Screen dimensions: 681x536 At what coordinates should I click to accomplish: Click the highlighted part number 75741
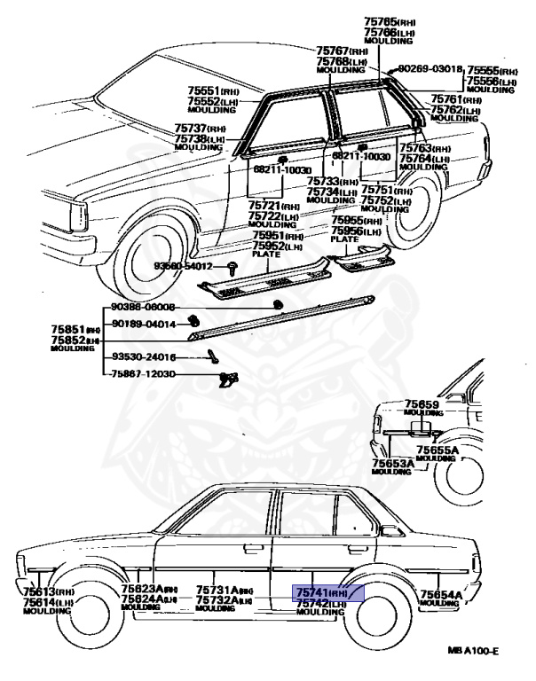pos(312,592)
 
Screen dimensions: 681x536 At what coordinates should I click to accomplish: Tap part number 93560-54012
pos(184,266)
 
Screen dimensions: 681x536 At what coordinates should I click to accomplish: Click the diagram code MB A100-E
pos(473,652)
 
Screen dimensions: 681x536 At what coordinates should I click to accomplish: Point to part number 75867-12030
pos(144,374)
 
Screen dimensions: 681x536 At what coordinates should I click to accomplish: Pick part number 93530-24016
pos(144,357)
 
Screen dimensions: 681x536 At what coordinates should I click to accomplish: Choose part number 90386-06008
pos(144,307)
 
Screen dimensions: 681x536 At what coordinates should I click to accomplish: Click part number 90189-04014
pos(144,324)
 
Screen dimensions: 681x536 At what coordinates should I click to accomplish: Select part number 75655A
pos(438,450)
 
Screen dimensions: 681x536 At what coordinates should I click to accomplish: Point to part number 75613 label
pos(38,591)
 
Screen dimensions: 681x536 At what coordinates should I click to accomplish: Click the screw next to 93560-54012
pos(232,266)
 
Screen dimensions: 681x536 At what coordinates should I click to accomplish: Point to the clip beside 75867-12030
pos(227,379)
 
